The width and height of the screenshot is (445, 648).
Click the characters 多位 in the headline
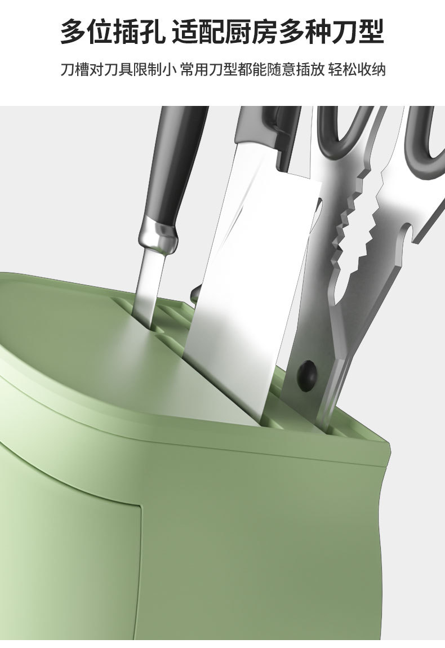click(87, 32)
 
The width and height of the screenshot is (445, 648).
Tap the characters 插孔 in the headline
click(140, 32)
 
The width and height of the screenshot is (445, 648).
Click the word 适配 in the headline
click(198, 32)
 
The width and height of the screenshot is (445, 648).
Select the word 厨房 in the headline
click(251, 32)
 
